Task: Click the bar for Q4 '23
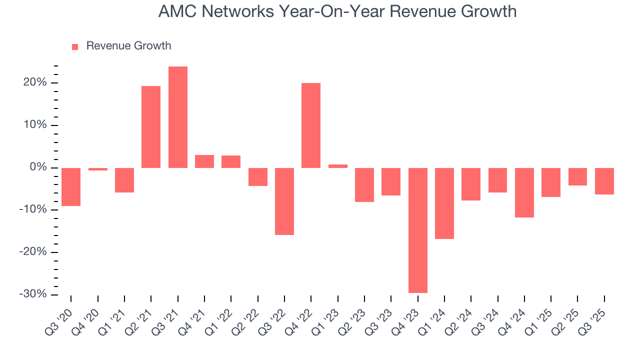[x=418, y=230]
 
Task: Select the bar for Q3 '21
[x=178, y=117]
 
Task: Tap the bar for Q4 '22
[x=311, y=125]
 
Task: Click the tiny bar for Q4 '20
[x=98, y=169]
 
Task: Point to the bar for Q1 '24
[x=444, y=203]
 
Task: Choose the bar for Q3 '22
[x=284, y=201]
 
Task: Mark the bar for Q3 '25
[x=604, y=181]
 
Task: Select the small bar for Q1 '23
[x=338, y=166]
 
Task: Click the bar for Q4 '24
[x=524, y=192]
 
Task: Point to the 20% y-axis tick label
[x=34, y=82]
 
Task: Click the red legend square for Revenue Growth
[x=75, y=46]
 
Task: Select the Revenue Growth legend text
[x=128, y=46]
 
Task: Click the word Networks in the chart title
[x=238, y=11]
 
